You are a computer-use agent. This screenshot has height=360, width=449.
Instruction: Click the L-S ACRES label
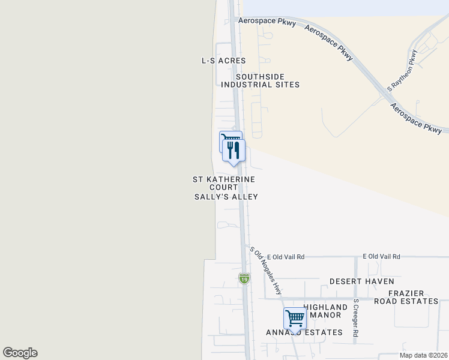tap(224, 61)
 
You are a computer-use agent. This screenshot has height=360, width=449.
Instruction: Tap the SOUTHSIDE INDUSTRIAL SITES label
tap(260, 81)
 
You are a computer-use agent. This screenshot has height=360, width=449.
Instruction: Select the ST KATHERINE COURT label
tap(224, 184)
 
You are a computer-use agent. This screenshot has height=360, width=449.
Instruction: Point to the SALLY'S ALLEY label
tap(226, 197)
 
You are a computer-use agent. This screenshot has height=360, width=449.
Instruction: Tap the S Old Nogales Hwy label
tap(266, 271)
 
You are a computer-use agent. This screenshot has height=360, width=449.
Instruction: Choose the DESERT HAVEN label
tap(361, 281)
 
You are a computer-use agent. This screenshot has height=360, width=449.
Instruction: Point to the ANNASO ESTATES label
tap(304, 332)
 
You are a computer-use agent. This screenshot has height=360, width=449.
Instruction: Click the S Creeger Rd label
tap(356, 318)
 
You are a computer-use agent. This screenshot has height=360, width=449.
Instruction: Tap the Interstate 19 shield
tap(244, 278)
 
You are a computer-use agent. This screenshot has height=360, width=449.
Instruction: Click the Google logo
tap(20, 353)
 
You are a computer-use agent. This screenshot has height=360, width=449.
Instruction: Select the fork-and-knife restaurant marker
tap(234, 150)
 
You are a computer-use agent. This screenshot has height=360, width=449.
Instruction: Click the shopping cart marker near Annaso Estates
tap(295, 318)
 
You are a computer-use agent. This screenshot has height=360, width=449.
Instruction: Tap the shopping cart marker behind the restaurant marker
tap(226, 139)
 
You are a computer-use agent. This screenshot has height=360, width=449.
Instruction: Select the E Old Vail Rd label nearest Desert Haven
tap(381, 256)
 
